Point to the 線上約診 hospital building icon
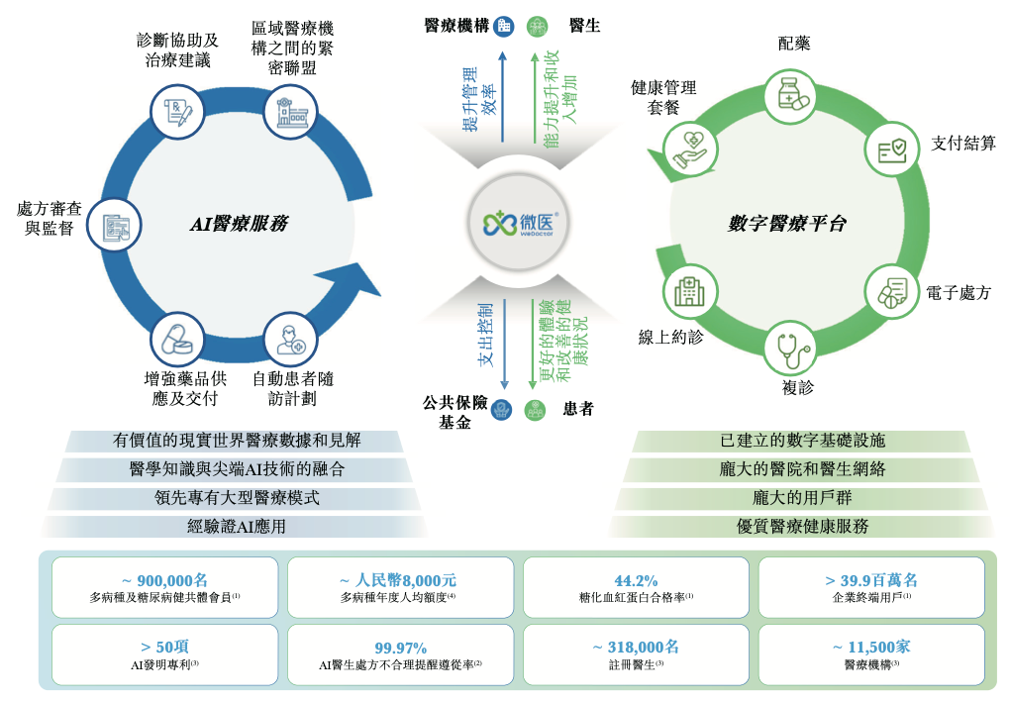point(689,291)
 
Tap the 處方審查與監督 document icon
point(116,227)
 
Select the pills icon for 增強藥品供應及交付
point(177,340)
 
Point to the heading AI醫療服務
point(239,225)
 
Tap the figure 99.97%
point(400,648)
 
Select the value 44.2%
point(636,580)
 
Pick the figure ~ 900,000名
point(164,580)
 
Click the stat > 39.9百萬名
point(871,580)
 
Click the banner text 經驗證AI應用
point(236,527)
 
